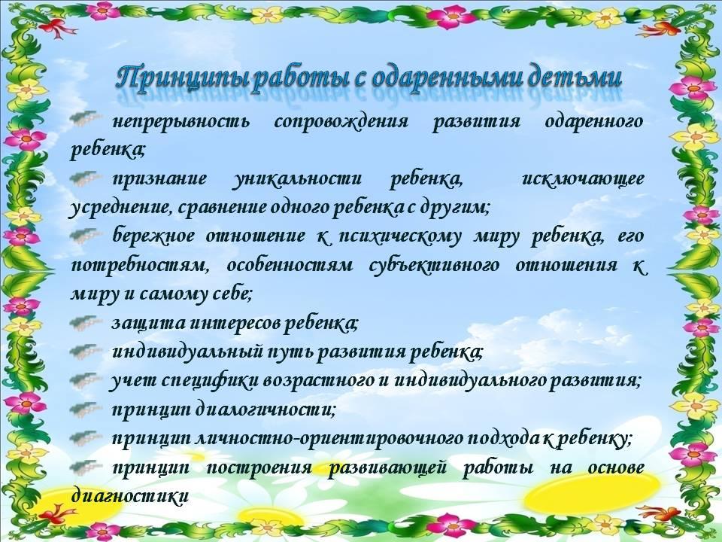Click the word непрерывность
[x=181, y=122]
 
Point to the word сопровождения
[x=341, y=122]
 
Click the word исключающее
[x=583, y=178]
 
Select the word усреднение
[x=120, y=209]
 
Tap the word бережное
[x=153, y=236]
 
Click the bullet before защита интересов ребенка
[x=85, y=322]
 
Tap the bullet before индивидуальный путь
[x=85, y=352]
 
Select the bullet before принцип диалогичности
[x=85, y=409]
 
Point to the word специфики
[x=211, y=381]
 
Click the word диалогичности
[x=265, y=410]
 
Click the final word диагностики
[x=130, y=496]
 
